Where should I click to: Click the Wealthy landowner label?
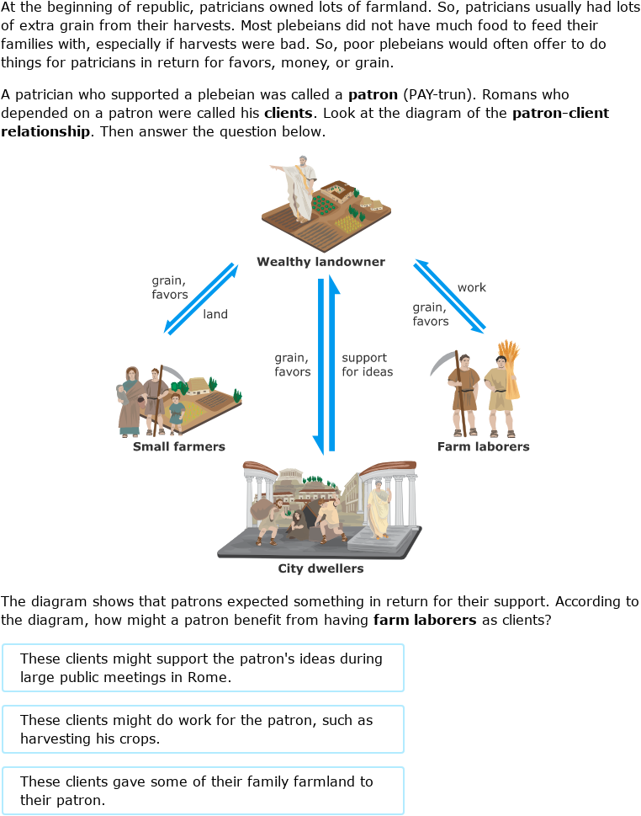(x=320, y=262)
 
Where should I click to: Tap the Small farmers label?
(x=179, y=446)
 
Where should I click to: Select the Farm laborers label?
(x=483, y=446)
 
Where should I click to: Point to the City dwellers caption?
(x=320, y=568)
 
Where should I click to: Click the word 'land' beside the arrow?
(x=215, y=314)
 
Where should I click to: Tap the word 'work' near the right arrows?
(x=471, y=287)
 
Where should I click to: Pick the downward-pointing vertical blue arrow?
(x=320, y=362)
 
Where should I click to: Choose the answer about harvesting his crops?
(x=203, y=729)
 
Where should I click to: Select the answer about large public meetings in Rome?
(x=203, y=668)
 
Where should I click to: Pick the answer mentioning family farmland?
(x=203, y=791)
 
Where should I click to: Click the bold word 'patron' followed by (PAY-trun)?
(x=373, y=95)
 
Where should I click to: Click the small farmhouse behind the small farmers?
(x=199, y=385)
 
